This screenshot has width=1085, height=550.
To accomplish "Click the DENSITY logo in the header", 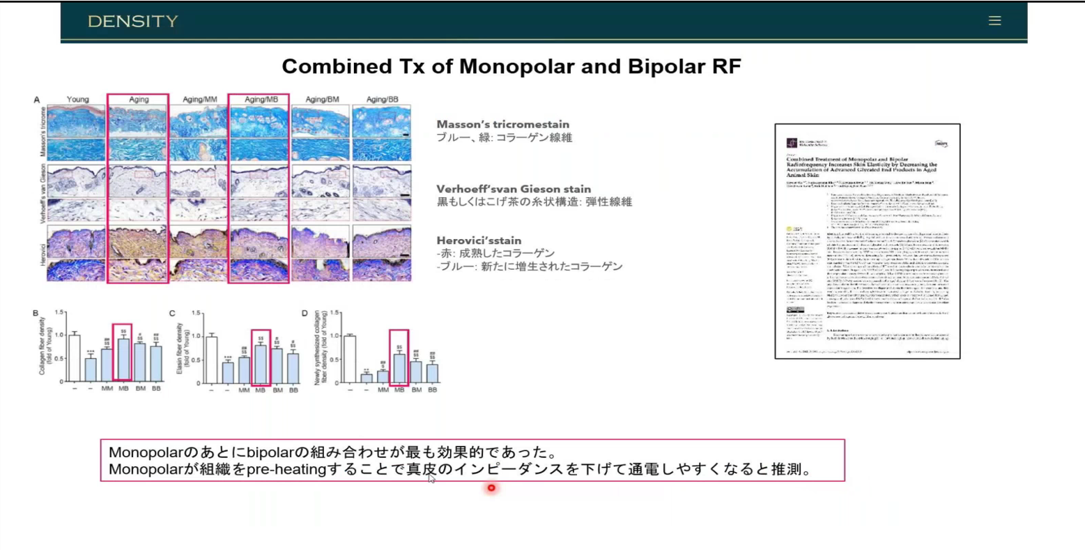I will click(x=133, y=21).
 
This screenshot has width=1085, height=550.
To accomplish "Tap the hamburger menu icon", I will click(x=994, y=21).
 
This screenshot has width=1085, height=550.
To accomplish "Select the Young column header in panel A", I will click(x=77, y=100).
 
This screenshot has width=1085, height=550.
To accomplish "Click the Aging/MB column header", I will click(x=261, y=100).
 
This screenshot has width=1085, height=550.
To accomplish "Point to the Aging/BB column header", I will click(x=382, y=100).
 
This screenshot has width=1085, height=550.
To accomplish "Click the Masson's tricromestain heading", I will click(x=502, y=124).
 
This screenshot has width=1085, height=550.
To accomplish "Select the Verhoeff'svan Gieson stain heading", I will click(x=514, y=189).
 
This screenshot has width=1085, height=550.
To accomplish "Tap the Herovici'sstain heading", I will click(x=479, y=240).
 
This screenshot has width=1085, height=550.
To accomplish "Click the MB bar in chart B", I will click(x=123, y=360).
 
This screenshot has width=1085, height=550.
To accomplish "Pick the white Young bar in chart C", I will click(x=211, y=360).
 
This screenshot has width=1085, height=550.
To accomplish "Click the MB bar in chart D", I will click(x=399, y=368).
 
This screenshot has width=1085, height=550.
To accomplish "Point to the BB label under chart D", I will click(x=432, y=390).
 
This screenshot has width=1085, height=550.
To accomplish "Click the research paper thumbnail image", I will click(x=867, y=241).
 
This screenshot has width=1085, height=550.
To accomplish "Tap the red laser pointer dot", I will click(x=491, y=488).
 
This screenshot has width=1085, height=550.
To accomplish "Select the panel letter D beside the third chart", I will click(x=305, y=314).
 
